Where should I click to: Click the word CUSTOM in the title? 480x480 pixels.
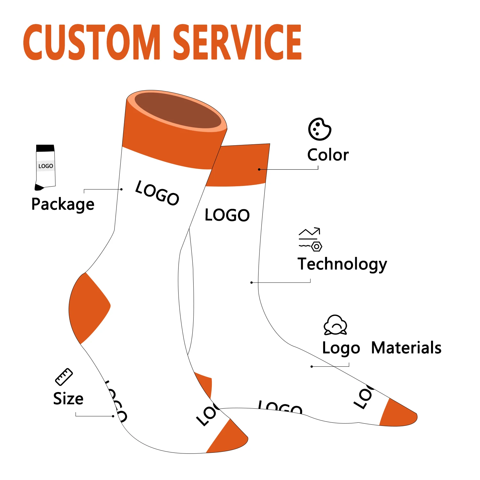click(92, 42)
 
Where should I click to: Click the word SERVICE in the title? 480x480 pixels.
click(237, 42)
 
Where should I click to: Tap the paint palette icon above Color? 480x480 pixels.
click(319, 129)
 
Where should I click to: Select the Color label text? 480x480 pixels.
click(328, 155)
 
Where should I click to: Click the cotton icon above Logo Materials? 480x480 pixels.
click(335, 325)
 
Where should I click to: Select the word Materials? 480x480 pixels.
click(406, 348)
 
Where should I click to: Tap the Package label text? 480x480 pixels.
click(63, 204)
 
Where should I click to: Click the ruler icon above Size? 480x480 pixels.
click(64, 377)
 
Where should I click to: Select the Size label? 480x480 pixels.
click(68, 399)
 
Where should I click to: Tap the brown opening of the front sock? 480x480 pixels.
click(178, 110)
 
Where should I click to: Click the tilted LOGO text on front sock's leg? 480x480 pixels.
click(157, 193)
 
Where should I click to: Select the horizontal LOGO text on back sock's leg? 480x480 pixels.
click(227, 215)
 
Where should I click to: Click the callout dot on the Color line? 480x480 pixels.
click(259, 169)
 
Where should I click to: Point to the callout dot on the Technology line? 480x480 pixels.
click(252, 283)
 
